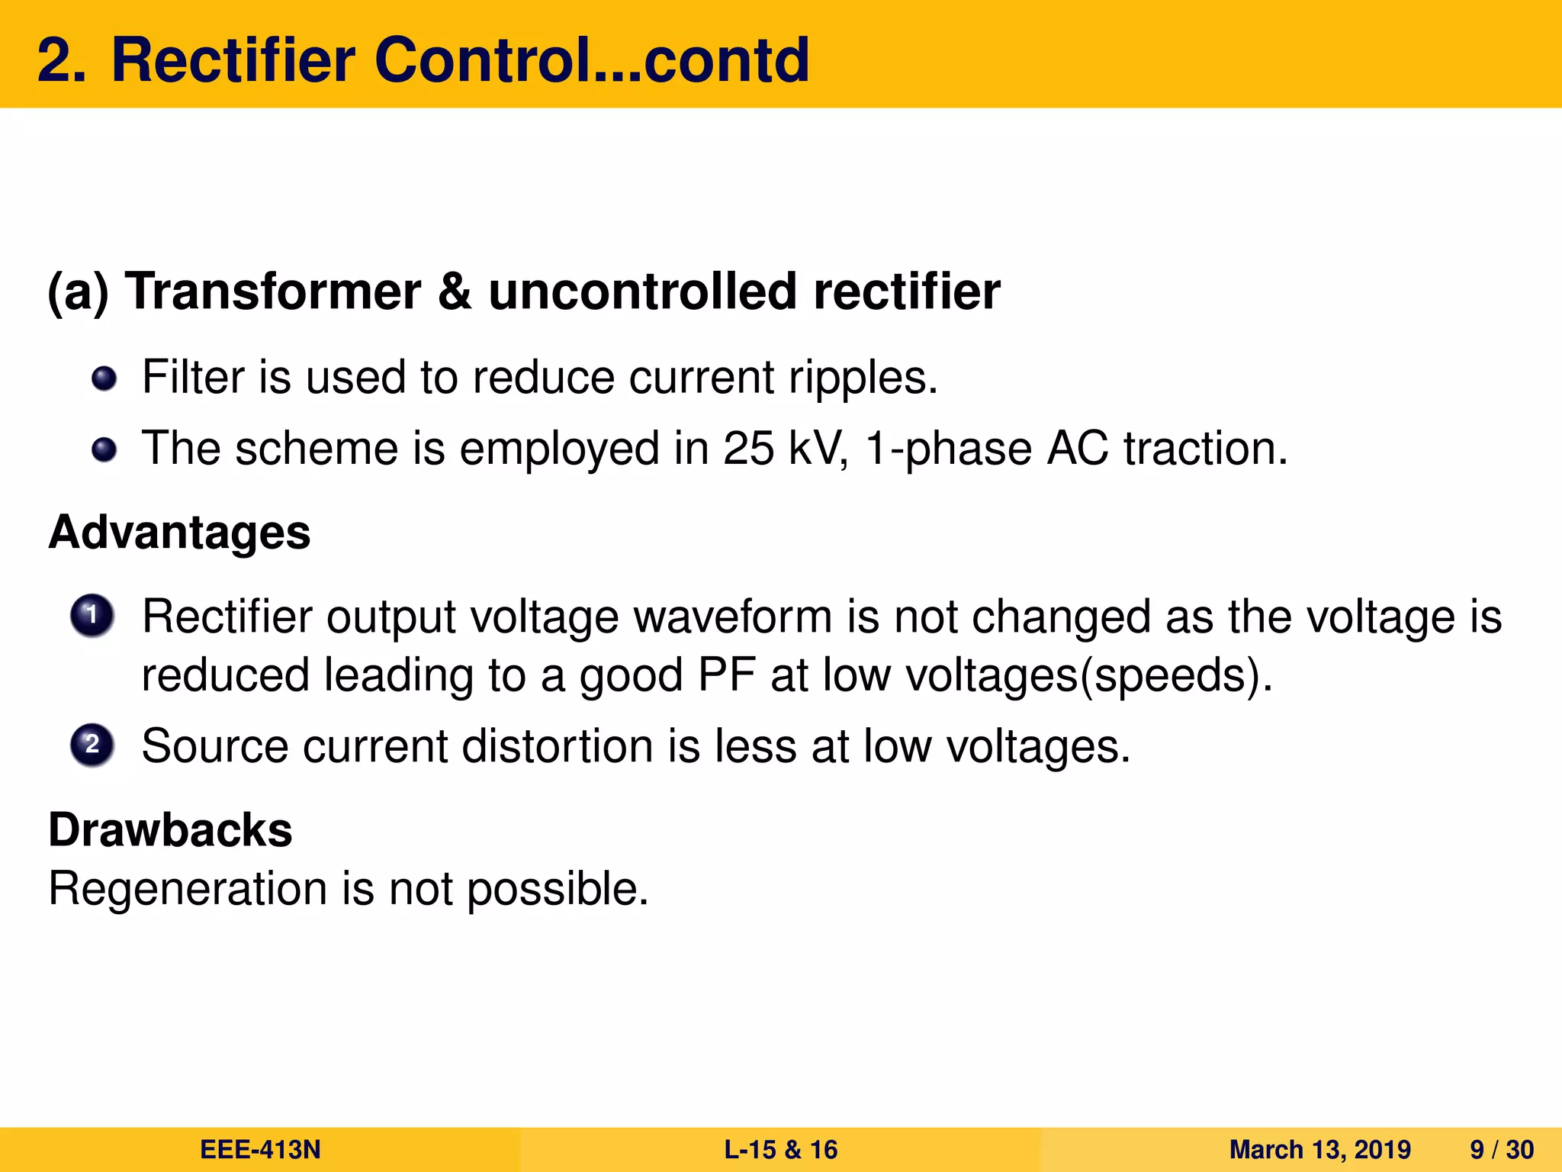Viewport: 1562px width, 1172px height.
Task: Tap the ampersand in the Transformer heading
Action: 455,291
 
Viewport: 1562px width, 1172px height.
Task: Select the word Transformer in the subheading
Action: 273,291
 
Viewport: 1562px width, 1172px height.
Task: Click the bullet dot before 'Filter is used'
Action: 104,378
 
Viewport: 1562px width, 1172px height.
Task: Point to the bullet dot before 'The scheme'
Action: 104,450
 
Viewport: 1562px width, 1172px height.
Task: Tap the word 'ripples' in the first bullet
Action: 862,378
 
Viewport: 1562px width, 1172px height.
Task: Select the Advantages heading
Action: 179,532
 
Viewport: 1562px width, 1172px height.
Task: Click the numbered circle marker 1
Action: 92,615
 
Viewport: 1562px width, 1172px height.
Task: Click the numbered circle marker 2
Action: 92,745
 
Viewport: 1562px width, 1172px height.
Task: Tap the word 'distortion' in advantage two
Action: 557,745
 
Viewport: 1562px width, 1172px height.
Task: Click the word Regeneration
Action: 188,889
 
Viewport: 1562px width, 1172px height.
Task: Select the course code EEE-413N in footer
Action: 260,1150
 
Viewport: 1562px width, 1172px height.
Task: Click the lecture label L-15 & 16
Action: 780,1150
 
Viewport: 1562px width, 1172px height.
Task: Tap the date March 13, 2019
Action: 1319,1150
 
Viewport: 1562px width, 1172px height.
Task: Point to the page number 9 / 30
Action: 1501,1150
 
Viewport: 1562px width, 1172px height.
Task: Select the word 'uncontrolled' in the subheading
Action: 642,291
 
